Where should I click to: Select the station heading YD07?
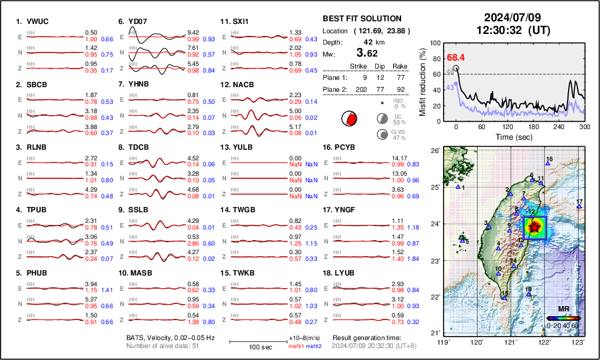click(136, 21)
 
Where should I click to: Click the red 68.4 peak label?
click(455, 58)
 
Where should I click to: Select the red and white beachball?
click(348, 119)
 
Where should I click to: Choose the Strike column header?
click(359, 67)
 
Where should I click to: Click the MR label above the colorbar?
click(563, 309)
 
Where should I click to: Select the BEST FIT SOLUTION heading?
click(361, 19)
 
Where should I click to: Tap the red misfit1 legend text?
click(295, 346)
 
